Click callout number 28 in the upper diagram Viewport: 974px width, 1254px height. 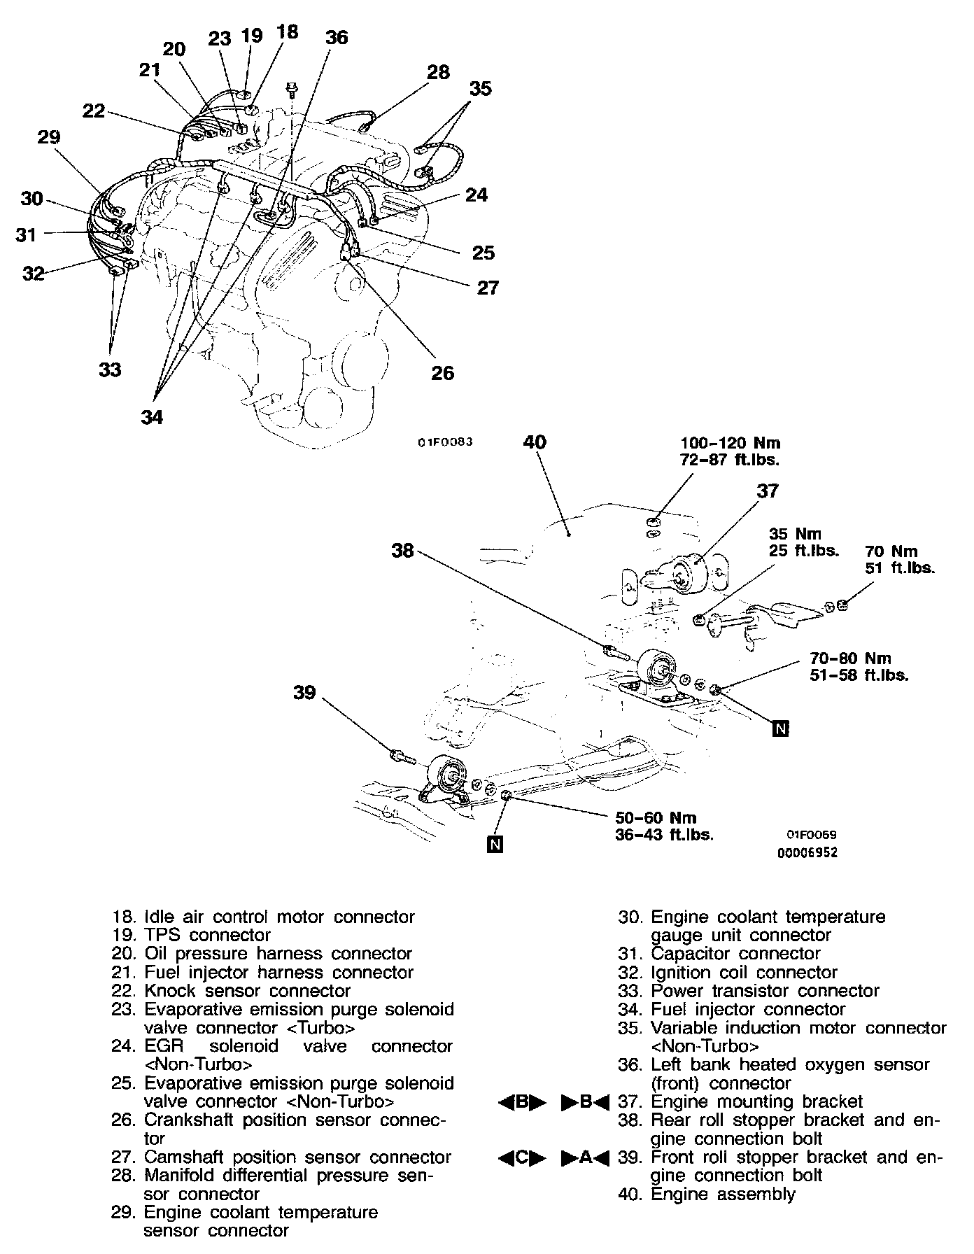pyautogui.click(x=438, y=72)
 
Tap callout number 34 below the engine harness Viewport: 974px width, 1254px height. pyautogui.click(x=152, y=417)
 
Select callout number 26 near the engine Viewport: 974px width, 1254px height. pyautogui.click(x=442, y=373)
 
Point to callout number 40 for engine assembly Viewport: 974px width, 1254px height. pyautogui.click(x=535, y=442)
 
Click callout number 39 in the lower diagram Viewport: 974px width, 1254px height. pyautogui.click(x=304, y=693)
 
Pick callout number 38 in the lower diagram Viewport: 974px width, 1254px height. pyautogui.click(x=403, y=551)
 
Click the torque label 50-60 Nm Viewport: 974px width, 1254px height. pyautogui.click(x=656, y=817)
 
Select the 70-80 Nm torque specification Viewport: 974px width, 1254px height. pyautogui.click(x=850, y=658)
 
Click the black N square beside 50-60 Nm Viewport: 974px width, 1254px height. pyautogui.click(x=495, y=845)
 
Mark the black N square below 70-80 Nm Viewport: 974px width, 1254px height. pyautogui.click(x=781, y=728)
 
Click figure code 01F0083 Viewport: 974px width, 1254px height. pyautogui.click(x=446, y=442)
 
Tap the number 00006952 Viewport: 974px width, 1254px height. pyautogui.click(x=807, y=853)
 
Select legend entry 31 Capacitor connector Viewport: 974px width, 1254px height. pyautogui.click(x=719, y=954)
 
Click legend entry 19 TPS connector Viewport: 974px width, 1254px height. pyautogui.click(x=190, y=935)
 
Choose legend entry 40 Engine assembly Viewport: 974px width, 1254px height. pyautogui.click(x=707, y=1194)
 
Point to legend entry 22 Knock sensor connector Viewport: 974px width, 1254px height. pyautogui.click(x=231, y=991)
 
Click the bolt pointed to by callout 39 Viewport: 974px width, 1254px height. pyautogui.click(x=401, y=756)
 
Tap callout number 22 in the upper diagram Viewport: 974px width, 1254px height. pyautogui.click(x=94, y=111)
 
